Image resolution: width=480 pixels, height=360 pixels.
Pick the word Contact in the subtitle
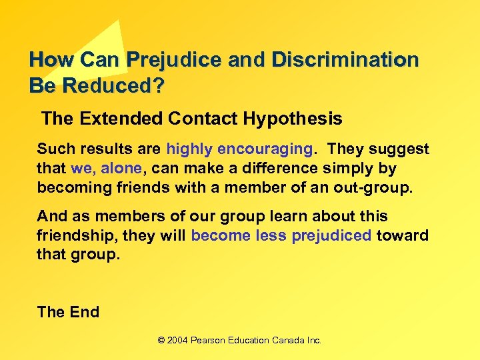coord(203,119)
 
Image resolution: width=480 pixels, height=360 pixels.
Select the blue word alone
coord(120,168)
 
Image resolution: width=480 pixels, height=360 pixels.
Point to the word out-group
coord(377,187)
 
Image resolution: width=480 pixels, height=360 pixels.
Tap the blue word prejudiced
coord(331,235)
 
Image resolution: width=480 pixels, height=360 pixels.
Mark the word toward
coord(403,235)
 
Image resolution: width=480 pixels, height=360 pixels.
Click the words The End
coord(68,312)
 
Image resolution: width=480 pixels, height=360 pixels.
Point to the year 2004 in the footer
coord(178,340)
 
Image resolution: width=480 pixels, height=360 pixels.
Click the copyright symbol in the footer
coord(161,340)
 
